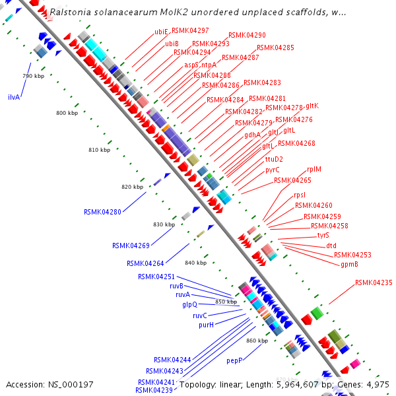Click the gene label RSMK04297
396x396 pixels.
[190, 30]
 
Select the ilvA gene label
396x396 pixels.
[14, 97]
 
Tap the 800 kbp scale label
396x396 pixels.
[67, 114]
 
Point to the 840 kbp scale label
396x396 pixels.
[195, 263]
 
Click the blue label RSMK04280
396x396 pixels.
[102, 212]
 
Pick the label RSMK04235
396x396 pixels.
[374, 282]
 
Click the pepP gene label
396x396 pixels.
[235, 361]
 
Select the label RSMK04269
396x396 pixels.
[130, 246]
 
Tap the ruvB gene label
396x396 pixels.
[176, 286]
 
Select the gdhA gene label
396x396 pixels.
[252, 135]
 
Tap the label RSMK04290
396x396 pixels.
[247, 35]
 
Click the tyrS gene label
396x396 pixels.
[323, 235]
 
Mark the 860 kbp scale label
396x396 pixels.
[257, 341]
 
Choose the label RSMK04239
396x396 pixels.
[154, 390]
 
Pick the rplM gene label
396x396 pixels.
[314, 169]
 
